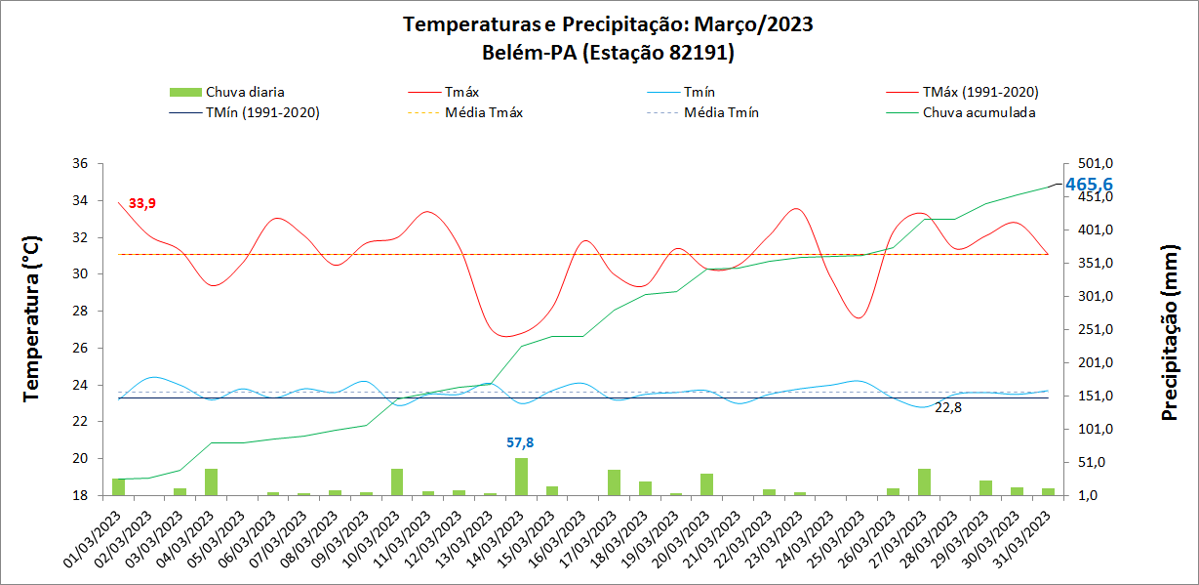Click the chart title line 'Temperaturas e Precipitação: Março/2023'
tap(608, 24)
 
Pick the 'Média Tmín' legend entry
tap(721, 112)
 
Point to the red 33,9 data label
tap(142, 203)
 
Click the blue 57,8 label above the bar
tap(521, 442)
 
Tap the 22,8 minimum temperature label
tap(948, 407)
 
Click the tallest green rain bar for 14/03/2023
tap(522, 477)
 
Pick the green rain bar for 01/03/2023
tap(119, 486)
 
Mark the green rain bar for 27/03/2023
tap(924, 481)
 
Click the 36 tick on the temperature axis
tap(80, 164)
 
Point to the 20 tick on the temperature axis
tap(80, 459)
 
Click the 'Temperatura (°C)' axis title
tap(31, 318)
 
